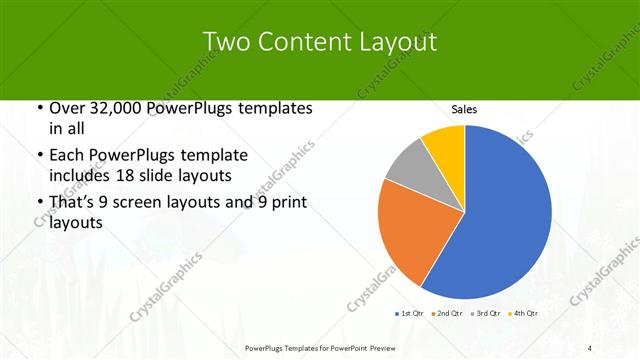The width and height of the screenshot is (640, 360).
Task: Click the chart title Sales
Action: coord(464,108)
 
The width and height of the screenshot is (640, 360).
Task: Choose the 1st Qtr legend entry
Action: coord(411,314)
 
